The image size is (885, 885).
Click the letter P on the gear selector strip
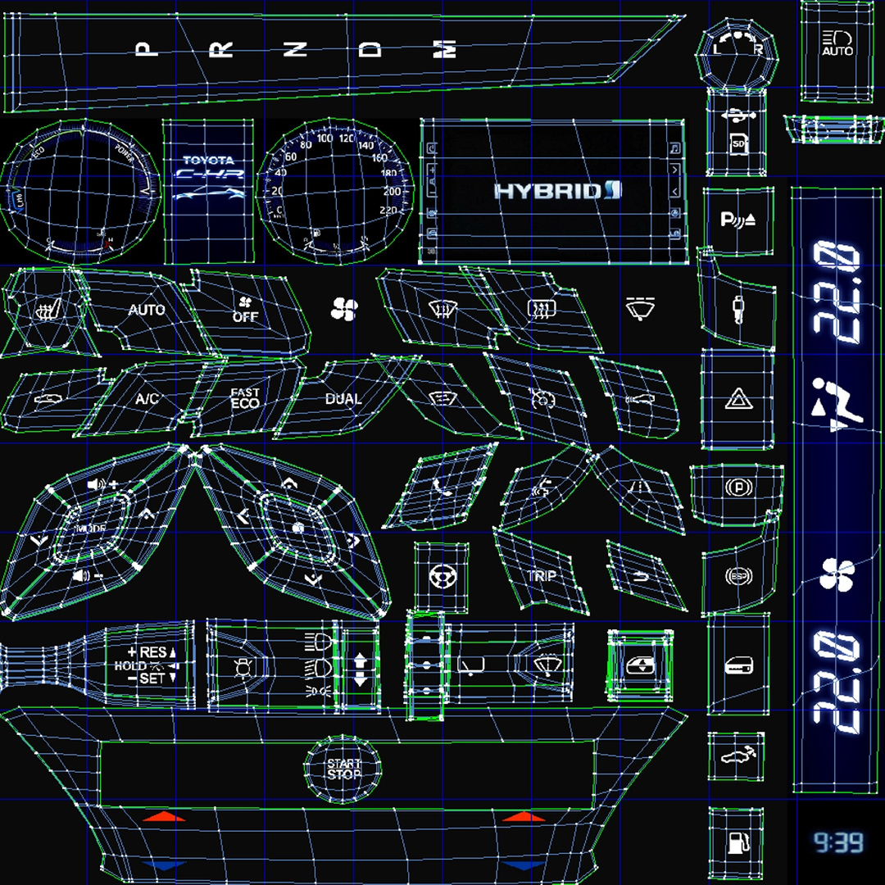click(x=147, y=49)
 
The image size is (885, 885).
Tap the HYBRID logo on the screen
click(x=558, y=191)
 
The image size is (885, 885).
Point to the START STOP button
click(x=343, y=769)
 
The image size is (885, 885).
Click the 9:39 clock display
click(x=837, y=842)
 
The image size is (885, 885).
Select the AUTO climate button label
click(x=147, y=310)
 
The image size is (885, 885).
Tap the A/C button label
click(x=147, y=400)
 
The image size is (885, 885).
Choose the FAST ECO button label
click(x=245, y=399)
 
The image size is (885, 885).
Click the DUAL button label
click(x=343, y=399)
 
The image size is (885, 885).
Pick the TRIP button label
click(x=542, y=576)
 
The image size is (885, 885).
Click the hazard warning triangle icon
click(x=735, y=401)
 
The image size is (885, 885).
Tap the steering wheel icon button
click(x=442, y=576)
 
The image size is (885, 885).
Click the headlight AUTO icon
click(x=837, y=43)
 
